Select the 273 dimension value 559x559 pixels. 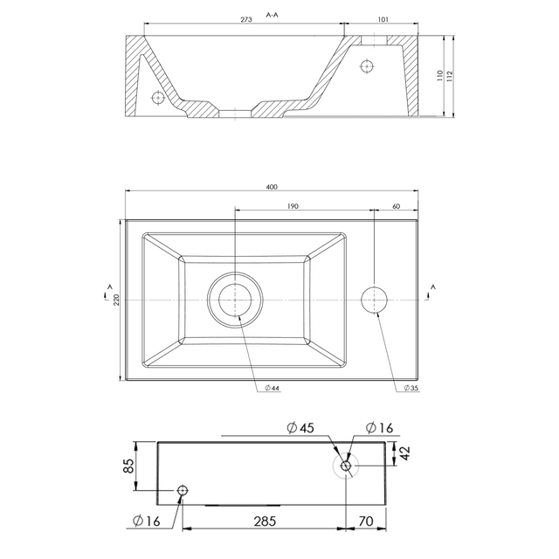click(246, 18)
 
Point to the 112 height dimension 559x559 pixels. click(450, 76)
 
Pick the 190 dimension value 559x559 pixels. click(292, 206)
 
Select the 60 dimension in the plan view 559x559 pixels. click(397, 206)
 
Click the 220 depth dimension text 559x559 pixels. click(114, 299)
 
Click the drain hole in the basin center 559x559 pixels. click(235, 300)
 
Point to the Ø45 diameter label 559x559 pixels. click(299, 428)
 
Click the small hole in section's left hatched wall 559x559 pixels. click(158, 97)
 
